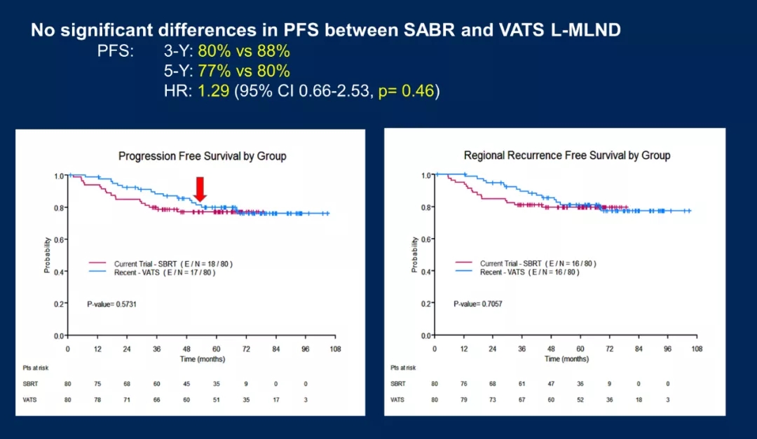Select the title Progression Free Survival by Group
pos(202,156)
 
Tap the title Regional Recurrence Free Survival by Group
pos(566,155)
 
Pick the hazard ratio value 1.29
pos(214,91)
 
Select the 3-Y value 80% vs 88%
pos(244,52)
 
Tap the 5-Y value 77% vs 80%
pos(244,71)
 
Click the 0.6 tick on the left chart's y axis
pos(58,239)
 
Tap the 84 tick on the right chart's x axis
pos(639,349)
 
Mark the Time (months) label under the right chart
pos(566,358)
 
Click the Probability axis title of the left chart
pos(48,256)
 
